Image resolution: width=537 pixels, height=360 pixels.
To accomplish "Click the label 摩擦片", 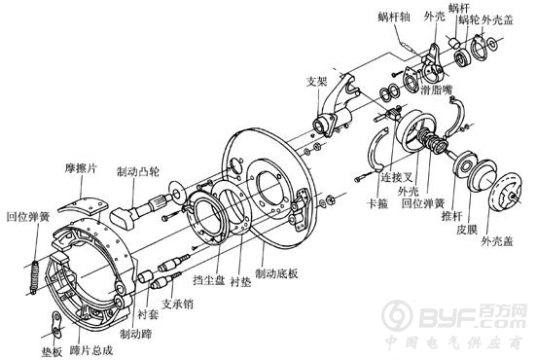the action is click(81, 169).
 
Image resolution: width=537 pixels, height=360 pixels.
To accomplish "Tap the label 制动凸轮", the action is click(138, 171).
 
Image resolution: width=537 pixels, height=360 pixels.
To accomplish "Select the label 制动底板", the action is click(276, 273).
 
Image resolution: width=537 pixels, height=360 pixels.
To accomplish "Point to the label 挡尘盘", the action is click(209, 280).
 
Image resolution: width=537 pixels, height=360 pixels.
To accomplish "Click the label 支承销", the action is click(177, 304).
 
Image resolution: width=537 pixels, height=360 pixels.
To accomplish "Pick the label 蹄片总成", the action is click(91, 349).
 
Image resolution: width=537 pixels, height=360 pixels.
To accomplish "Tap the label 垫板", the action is click(53, 351).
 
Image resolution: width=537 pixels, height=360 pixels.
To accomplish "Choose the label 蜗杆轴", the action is click(394, 17).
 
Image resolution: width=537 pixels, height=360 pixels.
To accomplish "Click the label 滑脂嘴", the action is click(437, 90).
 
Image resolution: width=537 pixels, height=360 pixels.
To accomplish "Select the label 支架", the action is click(317, 81).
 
